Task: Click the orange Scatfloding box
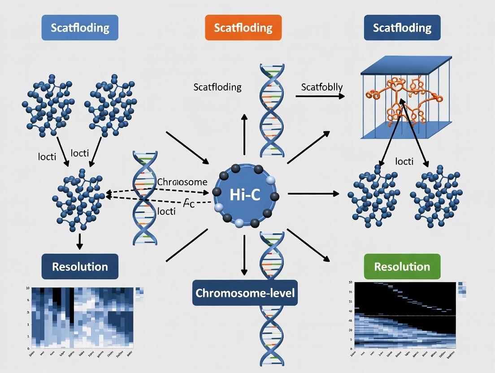pyautogui.click(x=243, y=28)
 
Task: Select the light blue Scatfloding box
pyautogui.click(x=80, y=28)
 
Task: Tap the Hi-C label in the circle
pyautogui.click(x=245, y=195)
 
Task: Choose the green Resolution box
pyautogui.click(x=402, y=267)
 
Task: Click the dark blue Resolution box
pyautogui.click(x=80, y=267)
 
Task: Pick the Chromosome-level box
pyautogui.click(x=245, y=293)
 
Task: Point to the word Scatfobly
pyautogui.click(x=321, y=87)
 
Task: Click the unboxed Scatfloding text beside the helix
pyautogui.click(x=217, y=87)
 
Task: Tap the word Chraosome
pyautogui.click(x=182, y=182)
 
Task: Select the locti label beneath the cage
pyautogui.click(x=404, y=161)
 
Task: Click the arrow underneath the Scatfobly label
pyautogui.click(x=320, y=96)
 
